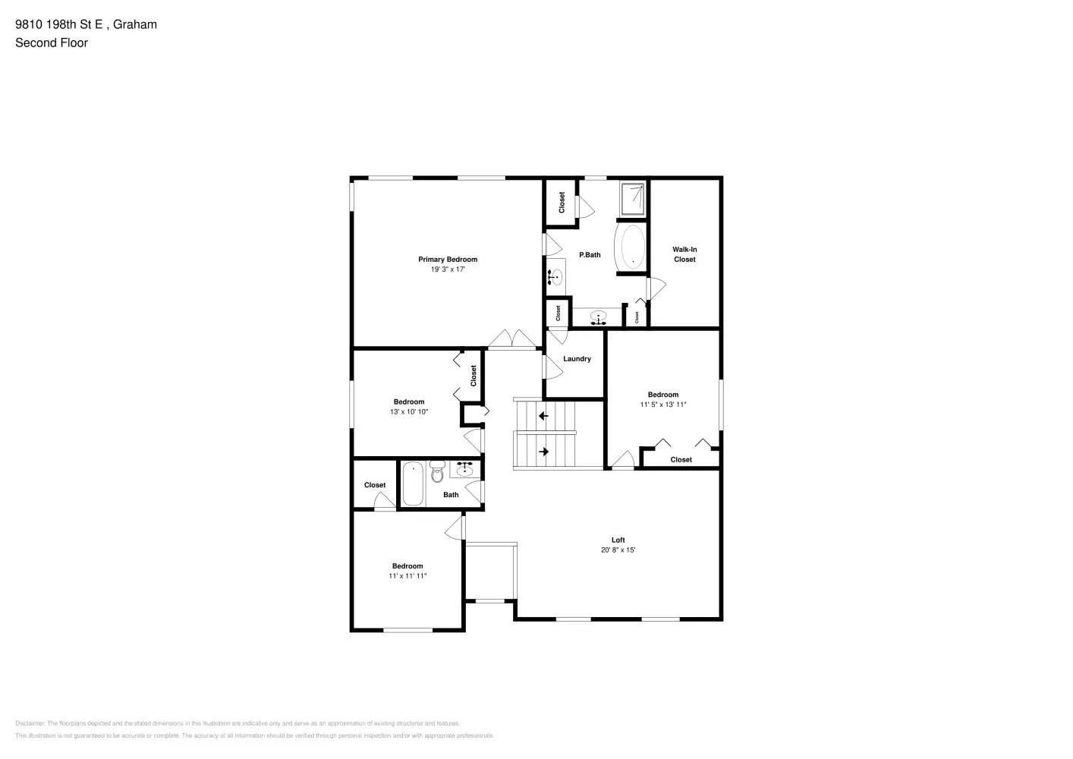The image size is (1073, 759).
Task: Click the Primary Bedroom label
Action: click(x=448, y=260)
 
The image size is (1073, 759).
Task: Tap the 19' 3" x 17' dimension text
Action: click(x=448, y=269)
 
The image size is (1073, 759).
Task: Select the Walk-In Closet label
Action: click(x=684, y=254)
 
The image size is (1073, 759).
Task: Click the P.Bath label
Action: click(x=590, y=255)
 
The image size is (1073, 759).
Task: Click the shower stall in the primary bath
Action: click(x=632, y=198)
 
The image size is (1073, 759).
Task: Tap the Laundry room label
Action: click(x=577, y=359)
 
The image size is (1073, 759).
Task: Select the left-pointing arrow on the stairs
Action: click(x=543, y=416)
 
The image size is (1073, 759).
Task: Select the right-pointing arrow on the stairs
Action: click(x=543, y=452)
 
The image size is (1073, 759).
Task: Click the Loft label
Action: click(x=618, y=540)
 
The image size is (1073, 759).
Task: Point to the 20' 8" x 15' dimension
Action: click(x=618, y=550)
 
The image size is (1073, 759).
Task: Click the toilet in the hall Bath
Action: click(x=436, y=473)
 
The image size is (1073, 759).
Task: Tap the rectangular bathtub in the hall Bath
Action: click(x=412, y=484)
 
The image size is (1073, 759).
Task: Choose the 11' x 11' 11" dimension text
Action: click(x=407, y=576)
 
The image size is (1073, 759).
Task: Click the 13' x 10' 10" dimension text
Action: click(x=409, y=412)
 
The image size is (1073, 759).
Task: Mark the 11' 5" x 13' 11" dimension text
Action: click(x=662, y=405)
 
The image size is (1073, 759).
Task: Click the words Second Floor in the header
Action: click(x=52, y=43)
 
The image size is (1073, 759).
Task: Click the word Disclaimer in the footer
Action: click(x=30, y=723)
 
